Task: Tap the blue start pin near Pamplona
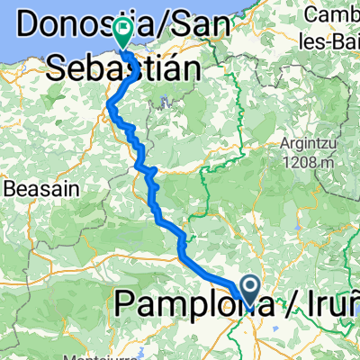(249, 290)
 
